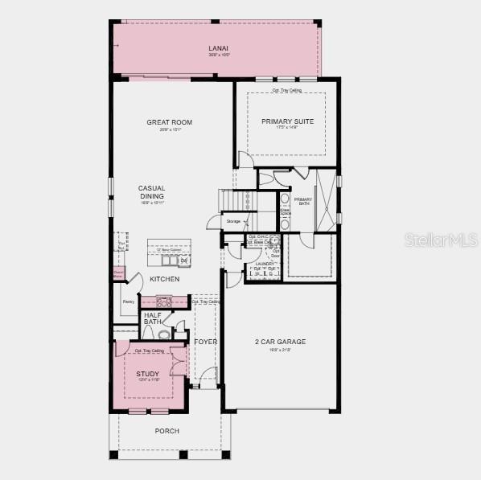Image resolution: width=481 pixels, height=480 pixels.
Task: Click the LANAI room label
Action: point(219,49)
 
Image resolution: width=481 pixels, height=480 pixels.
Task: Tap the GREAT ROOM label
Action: point(169,123)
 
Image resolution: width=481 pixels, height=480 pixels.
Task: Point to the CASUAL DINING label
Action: point(151,192)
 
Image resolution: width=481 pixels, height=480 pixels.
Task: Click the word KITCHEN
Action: point(164,279)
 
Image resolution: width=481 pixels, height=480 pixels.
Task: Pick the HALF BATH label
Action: point(153,318)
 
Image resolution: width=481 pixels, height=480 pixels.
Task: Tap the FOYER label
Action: point(205,342)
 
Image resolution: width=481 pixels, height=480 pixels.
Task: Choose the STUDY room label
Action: point(147,374)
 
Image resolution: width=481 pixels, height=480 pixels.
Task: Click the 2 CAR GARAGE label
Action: point(280,342)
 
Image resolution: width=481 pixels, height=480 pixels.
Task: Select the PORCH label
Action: point(167,431)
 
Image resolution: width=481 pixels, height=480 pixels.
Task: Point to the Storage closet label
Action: point(233,221)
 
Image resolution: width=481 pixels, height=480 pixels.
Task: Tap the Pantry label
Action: point(128,302)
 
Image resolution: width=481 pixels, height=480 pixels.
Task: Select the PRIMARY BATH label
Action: point(303,201)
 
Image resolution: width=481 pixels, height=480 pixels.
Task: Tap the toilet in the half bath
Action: point(163,334)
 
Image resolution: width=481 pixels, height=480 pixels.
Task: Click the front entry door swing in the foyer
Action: point(209,375)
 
